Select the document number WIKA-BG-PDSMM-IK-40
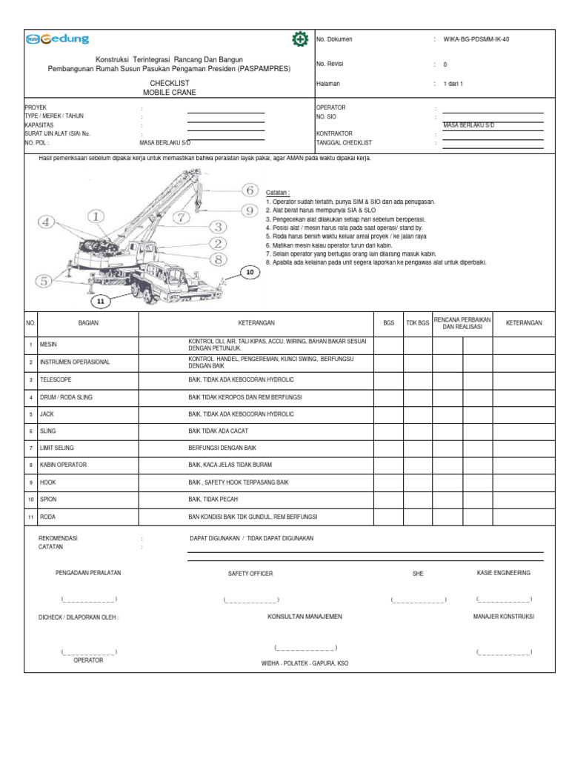[x=476, y=39]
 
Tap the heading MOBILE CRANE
[x=170, y=93]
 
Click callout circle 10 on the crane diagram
[x=250, y=273]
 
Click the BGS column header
[x=388, y=323]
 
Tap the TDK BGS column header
[x=418, y=323]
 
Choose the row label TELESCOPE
[x=56, y=379]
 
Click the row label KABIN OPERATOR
[x=63, y=465]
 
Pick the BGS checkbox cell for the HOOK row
[x=388, y=482]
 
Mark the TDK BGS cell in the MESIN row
[x=418, y=345]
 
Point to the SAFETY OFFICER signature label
[x=250, y=574]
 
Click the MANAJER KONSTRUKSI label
[x=504, y=616]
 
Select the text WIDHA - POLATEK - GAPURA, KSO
[x=305, y=663]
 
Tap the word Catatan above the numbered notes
[x=278, y=192]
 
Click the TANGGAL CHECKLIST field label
[x=344, y=142]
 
